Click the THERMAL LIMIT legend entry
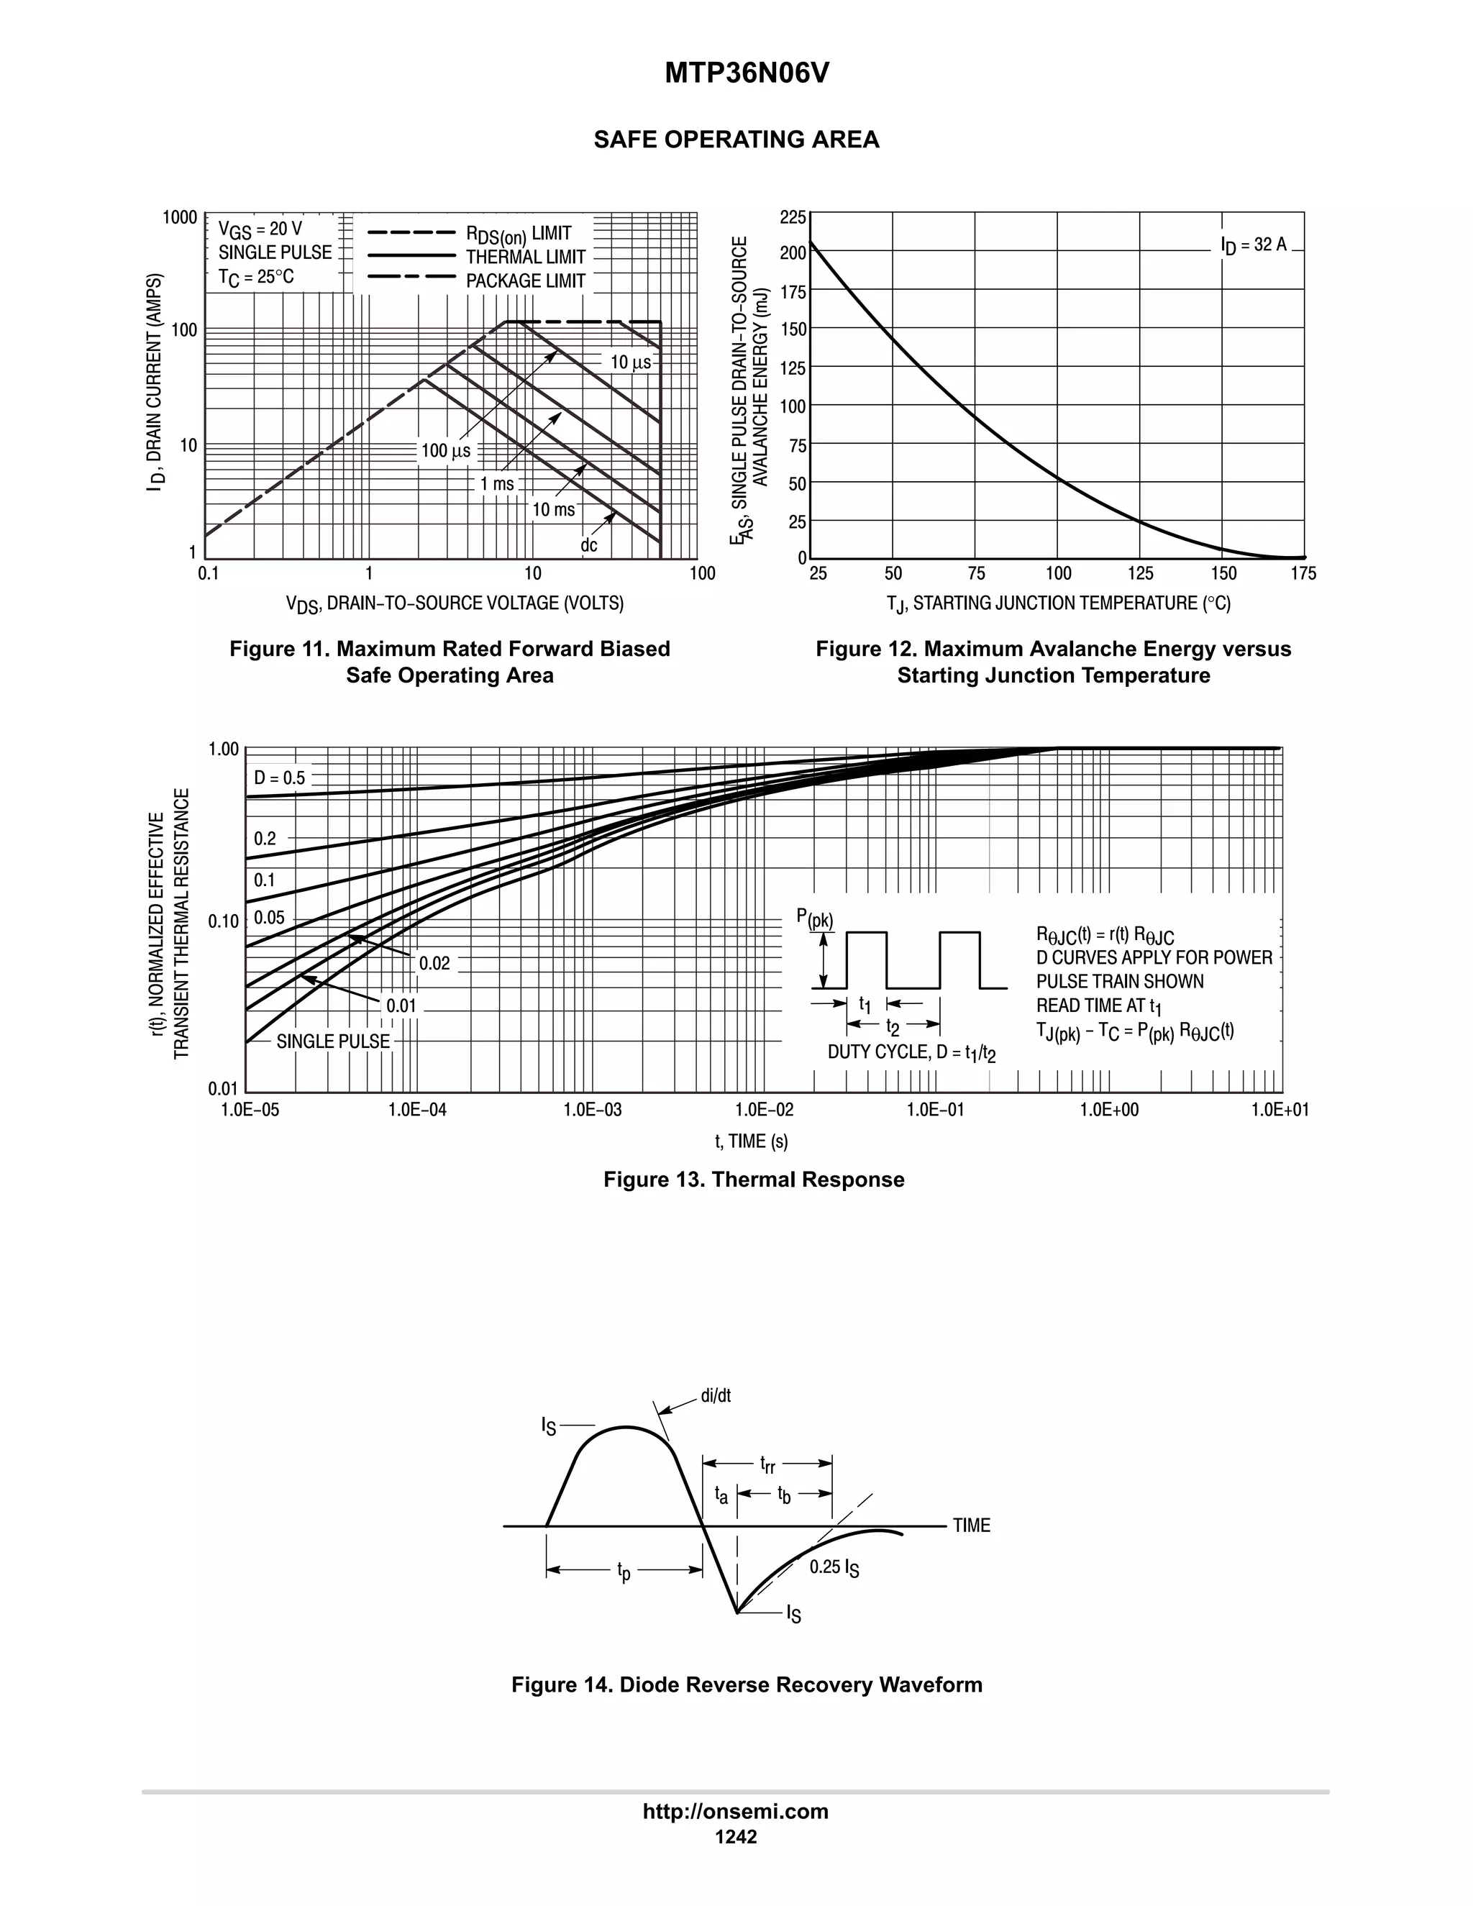tap(524, 257)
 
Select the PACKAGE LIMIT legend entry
tap(524, 281)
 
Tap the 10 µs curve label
tap(630, 362)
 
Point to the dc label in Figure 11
tap(589, 545)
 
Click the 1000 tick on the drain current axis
tap(181, 217)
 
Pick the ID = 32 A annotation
tap(1253, 245)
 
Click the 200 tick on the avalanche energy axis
tap(793, 253)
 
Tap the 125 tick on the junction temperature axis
tap(1140, 573)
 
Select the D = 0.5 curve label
tap(279, 778)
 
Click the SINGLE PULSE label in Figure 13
tap(332, 1041)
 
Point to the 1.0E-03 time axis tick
tap(593, 1109)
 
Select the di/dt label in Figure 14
tap(716, 1395)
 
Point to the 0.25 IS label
tap(834, 1567)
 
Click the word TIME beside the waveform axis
tap(971, 1526)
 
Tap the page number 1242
tap(736, 1836)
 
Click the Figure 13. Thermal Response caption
tap(753, 1179)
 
